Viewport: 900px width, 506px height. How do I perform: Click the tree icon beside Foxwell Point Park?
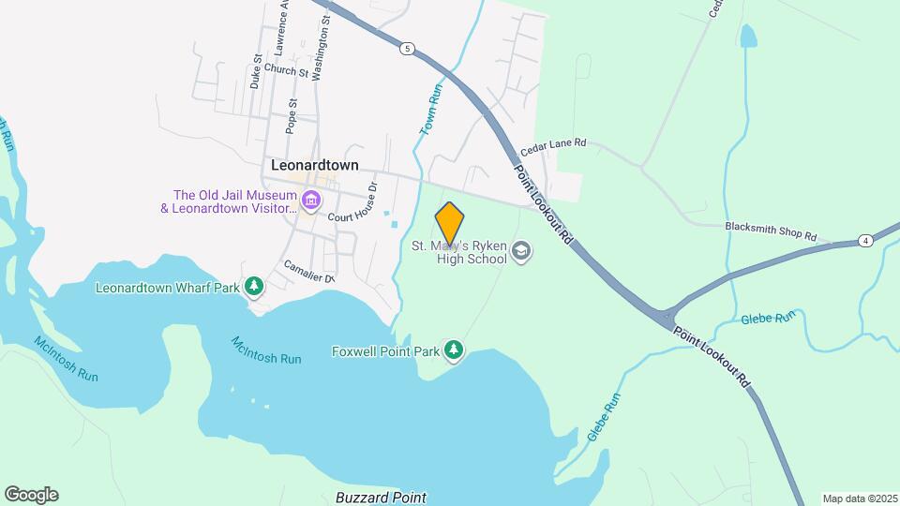(454, 350)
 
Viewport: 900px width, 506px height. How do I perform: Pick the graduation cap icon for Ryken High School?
(521, 250)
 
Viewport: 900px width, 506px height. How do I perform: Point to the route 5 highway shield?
(406, 48)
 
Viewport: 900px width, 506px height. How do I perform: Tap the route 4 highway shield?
(865, 241)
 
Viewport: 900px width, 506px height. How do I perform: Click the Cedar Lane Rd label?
(553, 143)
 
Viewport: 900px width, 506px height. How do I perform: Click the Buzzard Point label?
(381, 498)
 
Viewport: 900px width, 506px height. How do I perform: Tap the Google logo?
(31, 495)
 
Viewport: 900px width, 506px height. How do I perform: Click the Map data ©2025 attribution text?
(860, 499)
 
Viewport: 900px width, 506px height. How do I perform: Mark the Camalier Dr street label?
(308, 272)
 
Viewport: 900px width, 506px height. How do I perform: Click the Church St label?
(286, 70)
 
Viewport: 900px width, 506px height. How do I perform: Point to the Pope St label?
(292, 112)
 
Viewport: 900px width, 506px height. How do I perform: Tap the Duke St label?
(255, 70)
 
